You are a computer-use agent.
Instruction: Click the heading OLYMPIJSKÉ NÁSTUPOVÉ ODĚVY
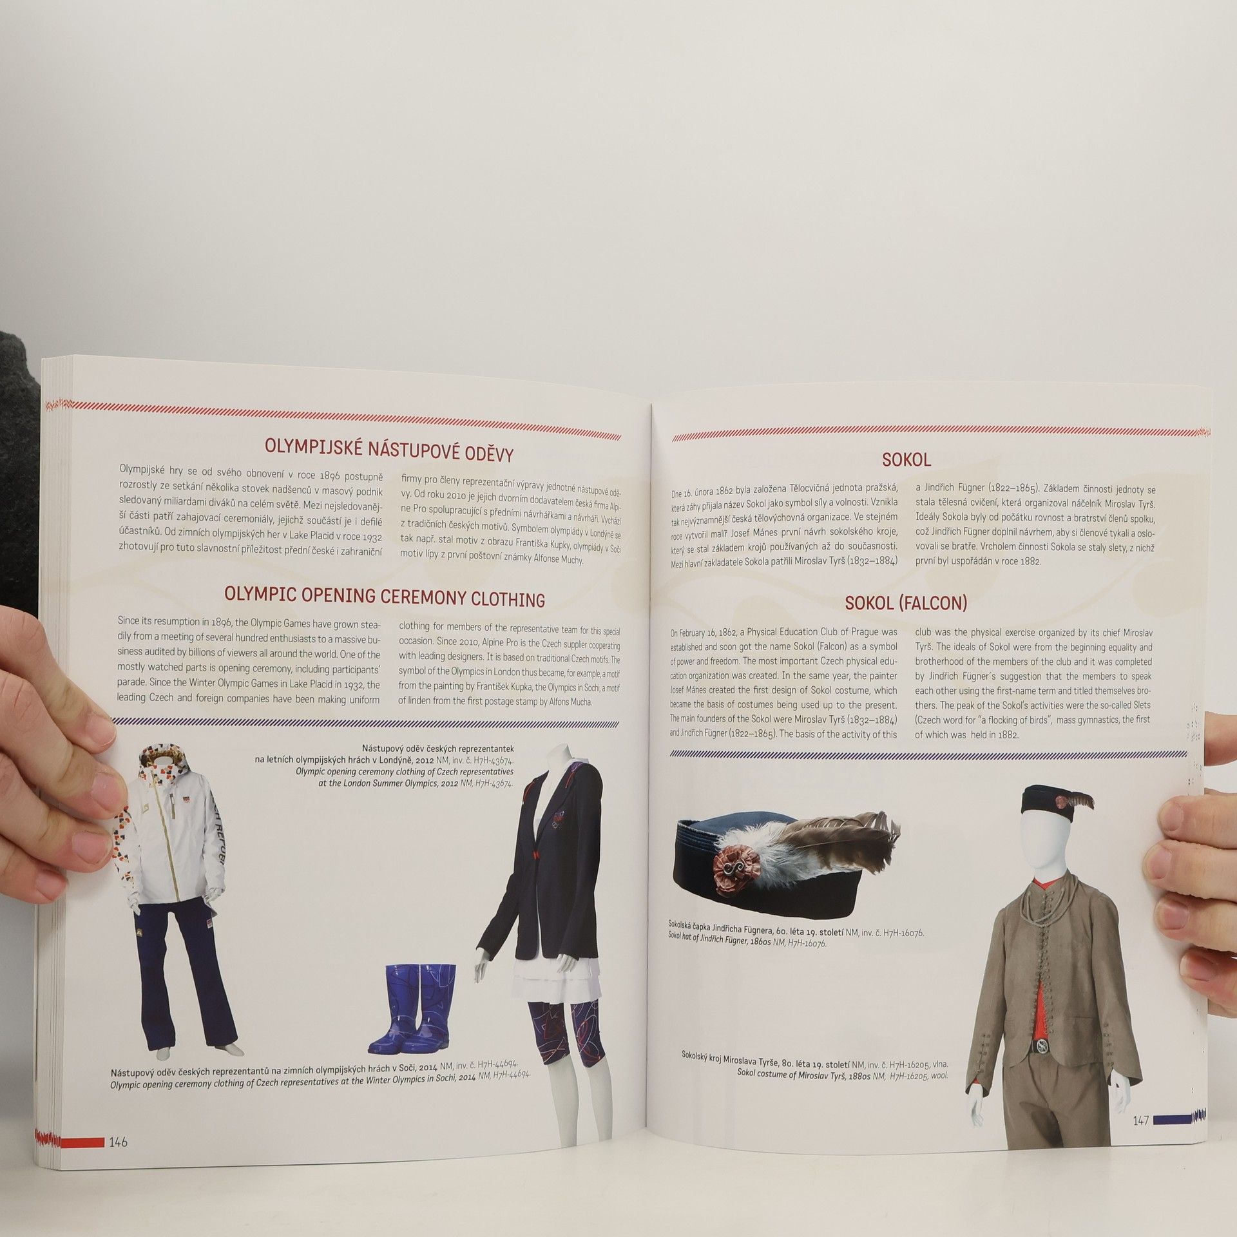coord(389,451)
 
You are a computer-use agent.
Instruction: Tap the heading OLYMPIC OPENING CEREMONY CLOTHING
coord(385,597)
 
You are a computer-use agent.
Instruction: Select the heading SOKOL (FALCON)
coord(906,604)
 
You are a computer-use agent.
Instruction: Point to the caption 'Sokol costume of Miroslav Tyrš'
coord(843,1075)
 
